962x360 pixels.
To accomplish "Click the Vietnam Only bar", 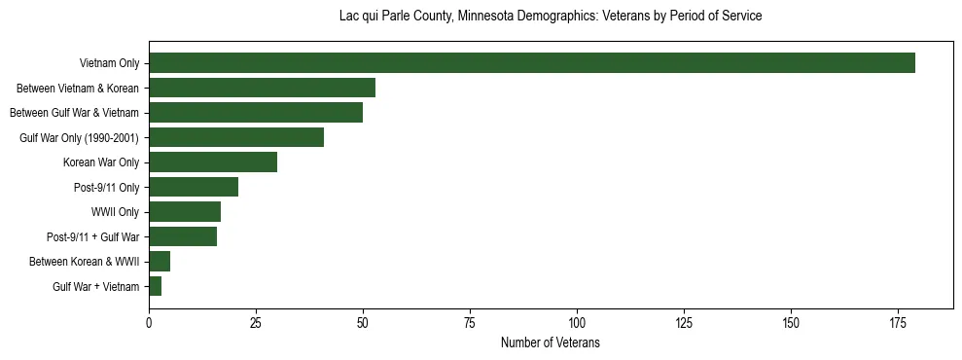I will click(532, 63).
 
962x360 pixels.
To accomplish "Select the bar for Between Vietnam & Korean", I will click(262, 89).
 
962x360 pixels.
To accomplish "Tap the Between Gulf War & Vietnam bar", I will click(256, 113).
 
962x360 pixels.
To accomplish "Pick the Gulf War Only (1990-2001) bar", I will click(236, 138).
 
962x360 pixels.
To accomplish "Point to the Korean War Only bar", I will click(213, 162).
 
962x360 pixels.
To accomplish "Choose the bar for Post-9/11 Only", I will click(194, 187).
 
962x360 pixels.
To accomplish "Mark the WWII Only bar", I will click(185, 212).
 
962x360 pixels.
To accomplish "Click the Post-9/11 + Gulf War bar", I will click(183, 236).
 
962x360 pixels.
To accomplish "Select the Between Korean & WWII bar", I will click(160, 262).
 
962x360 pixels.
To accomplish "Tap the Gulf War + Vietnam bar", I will click(155, 286).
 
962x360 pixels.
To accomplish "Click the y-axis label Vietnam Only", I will click(109, 64).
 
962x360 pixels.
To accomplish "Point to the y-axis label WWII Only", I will click(115, 212).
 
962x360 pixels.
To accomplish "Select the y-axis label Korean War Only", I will click(101, 162).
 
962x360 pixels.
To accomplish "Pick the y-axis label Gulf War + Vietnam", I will click(95, 287).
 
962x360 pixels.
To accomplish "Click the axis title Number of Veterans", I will click(551, 343).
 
